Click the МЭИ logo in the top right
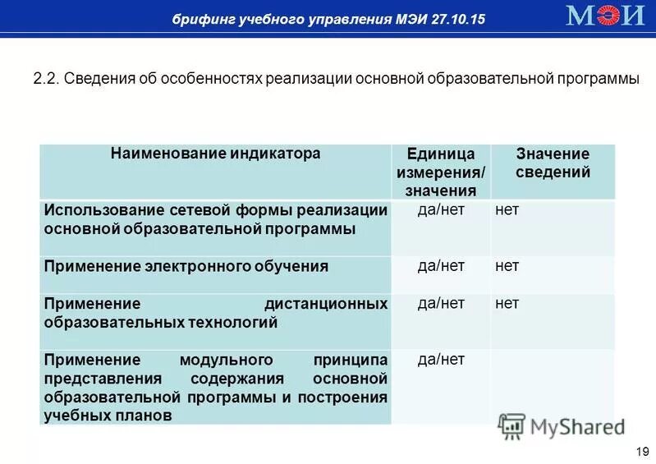pos(605,16)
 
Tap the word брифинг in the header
pos(200,19)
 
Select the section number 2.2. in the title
pos(46,80)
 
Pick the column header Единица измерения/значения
pos(441,172)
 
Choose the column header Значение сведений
pos(553,163)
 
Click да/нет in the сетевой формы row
pos(441,209)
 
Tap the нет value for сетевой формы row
pos(507,209)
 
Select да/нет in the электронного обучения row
pos(441,265)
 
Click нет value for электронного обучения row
pos(507,265)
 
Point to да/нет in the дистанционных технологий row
pos(441,303)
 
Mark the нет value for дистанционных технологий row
pos(507,303)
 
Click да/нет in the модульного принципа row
pos(441,359)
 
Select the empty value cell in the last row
pos(552,386)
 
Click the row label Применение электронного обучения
pos(186,266)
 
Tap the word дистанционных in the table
pos(326,304)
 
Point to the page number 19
pos(642,452)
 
